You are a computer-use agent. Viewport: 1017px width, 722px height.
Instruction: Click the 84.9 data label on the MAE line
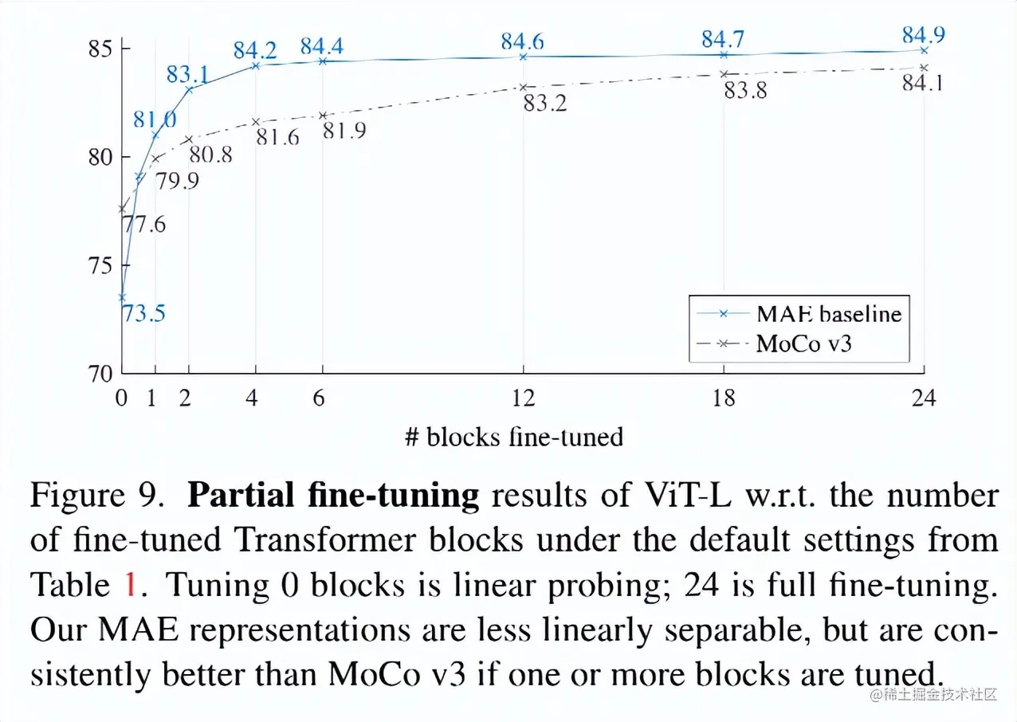(924, 35)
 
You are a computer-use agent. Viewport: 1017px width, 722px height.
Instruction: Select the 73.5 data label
(143, 313)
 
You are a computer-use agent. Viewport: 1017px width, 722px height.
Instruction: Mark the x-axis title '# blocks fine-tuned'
(514, 437)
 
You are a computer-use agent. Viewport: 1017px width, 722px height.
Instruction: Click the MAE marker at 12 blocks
(523, 57)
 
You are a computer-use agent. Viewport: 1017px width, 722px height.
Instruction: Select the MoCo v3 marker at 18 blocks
(724, 74)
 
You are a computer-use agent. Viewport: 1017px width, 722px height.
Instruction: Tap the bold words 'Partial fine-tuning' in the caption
(333, 496)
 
